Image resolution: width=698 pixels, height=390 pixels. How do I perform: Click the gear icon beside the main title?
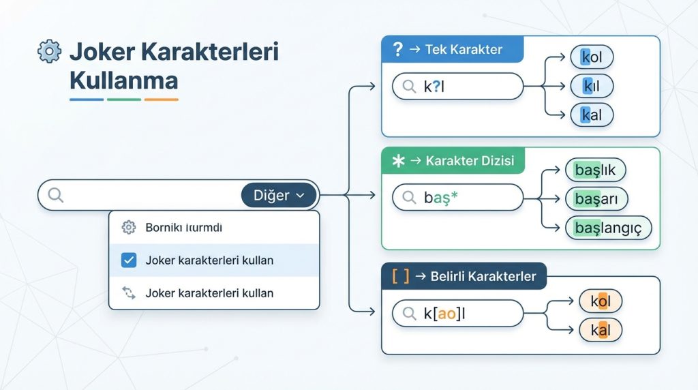pyautogui.click(x=49, y=52)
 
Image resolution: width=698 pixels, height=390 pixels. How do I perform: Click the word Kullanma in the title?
pyautogui.click(x=123, y=80)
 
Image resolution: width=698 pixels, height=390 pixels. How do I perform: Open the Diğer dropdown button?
pyautogui.click(x=279, y=196)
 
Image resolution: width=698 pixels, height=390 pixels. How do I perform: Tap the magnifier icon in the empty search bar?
pyautogui.click(x=55, y=196)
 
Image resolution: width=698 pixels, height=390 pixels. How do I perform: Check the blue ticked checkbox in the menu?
pyautogui.click(x=128, y=260)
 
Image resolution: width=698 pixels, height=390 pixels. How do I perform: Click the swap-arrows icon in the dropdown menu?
pyautogui.click(x=128, y=293)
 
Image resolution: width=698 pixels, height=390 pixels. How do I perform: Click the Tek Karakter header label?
pyautogui.click(x=464, y=49)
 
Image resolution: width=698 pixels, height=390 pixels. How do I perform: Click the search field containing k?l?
pyautogui.click(x=457, y=87)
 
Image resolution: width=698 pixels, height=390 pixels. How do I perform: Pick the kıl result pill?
pyautogui.click(x=592, y=86)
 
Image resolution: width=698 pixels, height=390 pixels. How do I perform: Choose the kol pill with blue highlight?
pyautogui.click(x=592, y=57)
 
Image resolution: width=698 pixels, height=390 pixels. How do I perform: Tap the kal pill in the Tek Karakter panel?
pyautogui.click(x=592, y=115)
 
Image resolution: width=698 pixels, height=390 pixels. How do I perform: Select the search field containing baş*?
pyautogui.click(x=457, y=197)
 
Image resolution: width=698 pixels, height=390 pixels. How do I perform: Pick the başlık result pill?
pyautogui.click(x=595, y=170)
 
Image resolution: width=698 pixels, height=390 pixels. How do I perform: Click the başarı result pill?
pyautogui.click(x=596, y=198)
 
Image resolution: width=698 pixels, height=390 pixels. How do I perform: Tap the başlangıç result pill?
pyautogui.click(x=608, y=228)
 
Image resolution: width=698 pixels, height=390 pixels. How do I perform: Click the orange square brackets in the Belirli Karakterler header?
pyautogui.click(x=401, y=276)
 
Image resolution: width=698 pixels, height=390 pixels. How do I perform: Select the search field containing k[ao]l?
pyautogui.click(x=457, y=313)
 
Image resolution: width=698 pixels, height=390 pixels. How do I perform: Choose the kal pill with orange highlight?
pyautogui.click(x=600, y=331)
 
